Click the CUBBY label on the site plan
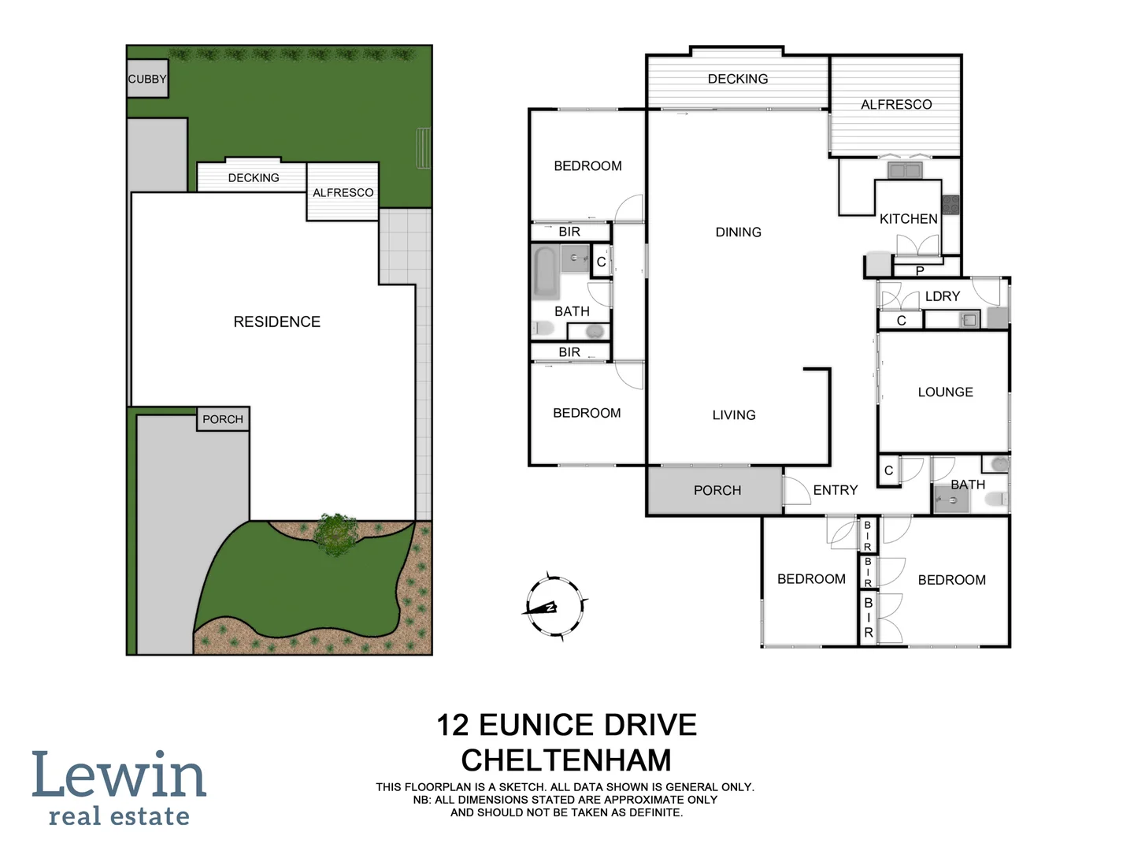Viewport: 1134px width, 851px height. (147, 79)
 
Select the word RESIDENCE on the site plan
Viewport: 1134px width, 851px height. (276, 321)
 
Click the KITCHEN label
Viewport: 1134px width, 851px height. (908, 219)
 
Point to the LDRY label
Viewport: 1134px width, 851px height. (942, 296)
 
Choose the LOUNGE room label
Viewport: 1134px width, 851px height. (945, 392)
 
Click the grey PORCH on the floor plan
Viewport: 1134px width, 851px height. (717, 490)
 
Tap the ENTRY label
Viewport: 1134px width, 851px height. (835, 490)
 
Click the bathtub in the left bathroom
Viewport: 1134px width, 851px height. (544, 273)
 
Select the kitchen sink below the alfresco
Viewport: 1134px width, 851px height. (904, 170)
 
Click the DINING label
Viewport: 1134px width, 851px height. (738, 232)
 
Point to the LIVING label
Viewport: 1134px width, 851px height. (733, 414)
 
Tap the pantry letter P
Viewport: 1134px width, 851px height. (919, 271)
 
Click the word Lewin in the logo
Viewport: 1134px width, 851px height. (119, 775)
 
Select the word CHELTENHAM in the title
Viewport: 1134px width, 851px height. (566, 760)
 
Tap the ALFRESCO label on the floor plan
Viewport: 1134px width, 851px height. (895, 105)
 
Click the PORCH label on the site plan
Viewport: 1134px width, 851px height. (223, 419)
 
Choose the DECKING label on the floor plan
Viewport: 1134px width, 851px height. (737, 79)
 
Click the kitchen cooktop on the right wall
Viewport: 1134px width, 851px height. (951, 205)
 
